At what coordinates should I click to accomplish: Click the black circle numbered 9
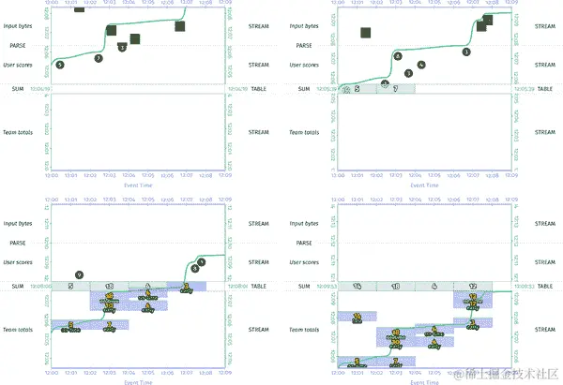tap(80, 274)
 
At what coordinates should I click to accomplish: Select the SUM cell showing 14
tap(358, 286)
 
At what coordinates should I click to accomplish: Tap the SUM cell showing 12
tap(473, 286)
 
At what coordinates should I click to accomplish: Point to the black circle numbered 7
tap(99, 58)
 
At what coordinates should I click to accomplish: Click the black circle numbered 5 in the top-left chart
tap(60, 65)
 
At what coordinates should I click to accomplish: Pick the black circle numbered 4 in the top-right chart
tap(398, 56)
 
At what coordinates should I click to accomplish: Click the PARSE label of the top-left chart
tap(17, 44)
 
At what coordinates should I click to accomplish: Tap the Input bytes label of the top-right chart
tap(306, 25)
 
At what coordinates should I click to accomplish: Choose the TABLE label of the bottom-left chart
tap(258, 286)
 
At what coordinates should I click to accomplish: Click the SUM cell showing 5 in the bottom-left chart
tap(71, 286)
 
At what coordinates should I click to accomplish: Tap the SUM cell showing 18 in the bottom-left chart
tap(110, 286)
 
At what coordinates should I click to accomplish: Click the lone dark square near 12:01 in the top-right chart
tap(367, 35)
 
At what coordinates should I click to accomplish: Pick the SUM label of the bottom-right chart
tap(303, 286)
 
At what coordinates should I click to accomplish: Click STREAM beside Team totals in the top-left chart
tap(258, 132)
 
